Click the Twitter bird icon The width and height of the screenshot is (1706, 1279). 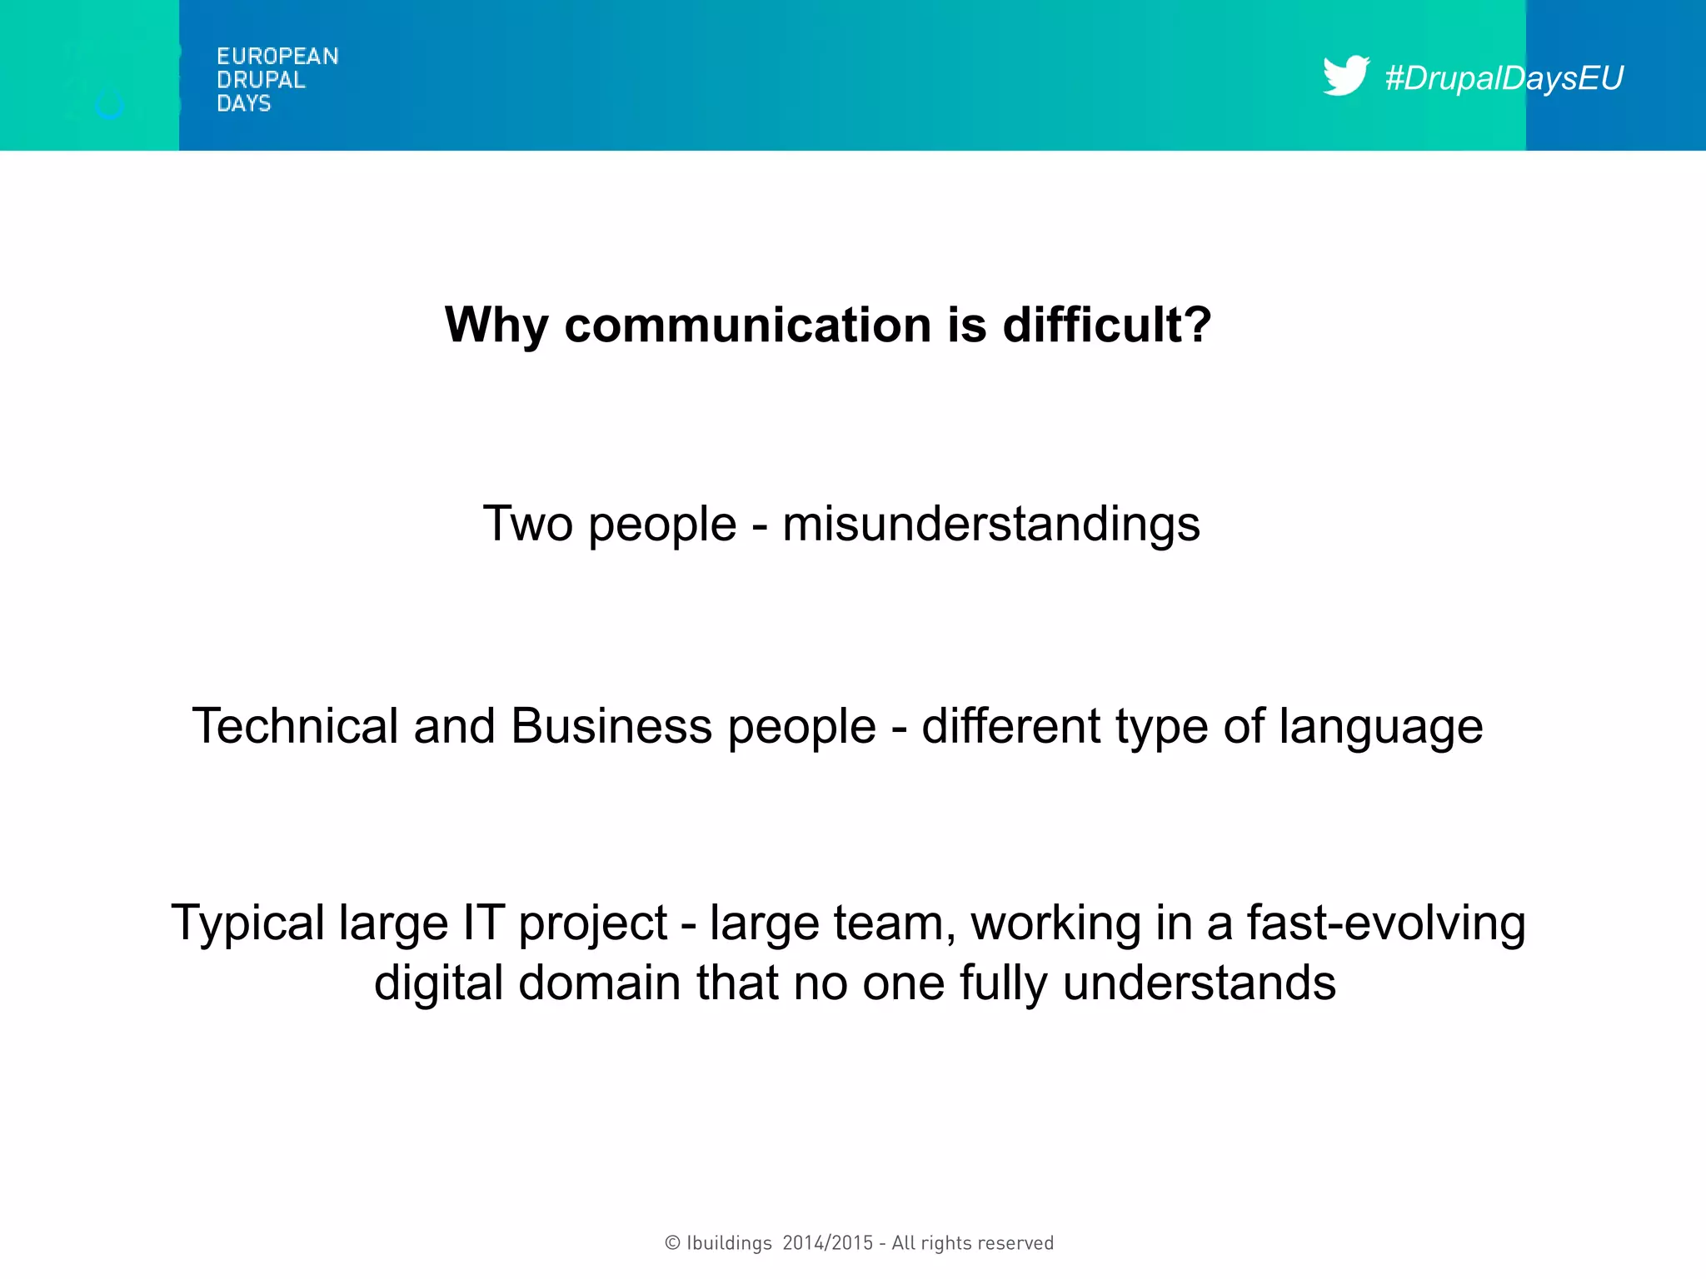click(1344, 76)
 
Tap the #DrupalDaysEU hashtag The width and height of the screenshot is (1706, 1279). click(1504, 78)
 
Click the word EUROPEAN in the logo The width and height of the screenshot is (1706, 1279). click(277, 57)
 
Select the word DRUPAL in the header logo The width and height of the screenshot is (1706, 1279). click(261, 80)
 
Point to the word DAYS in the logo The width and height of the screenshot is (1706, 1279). click(243, 103)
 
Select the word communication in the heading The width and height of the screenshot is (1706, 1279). click(747, 325)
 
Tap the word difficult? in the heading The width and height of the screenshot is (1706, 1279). click(1107, 325)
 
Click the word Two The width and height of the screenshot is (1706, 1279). click(528, 524)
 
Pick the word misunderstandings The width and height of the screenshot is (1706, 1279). click(991, 525)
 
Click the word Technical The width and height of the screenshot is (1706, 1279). click(296, 725)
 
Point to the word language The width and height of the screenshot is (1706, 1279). click(1381, 727)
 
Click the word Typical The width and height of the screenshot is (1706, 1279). click(247, 923)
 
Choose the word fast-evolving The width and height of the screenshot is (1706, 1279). click(1386, 923)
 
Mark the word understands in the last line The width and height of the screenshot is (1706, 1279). click(1199, 983)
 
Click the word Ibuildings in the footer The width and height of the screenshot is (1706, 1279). click(729, 1243)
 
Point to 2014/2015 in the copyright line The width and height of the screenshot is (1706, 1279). click(828, 1243)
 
